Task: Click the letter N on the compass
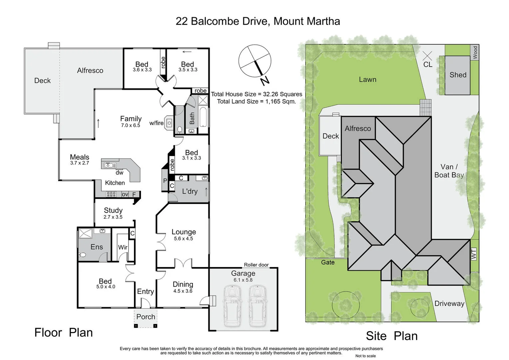click(265, 81)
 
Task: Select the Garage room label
click(243, 273)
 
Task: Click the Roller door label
click(256, 265)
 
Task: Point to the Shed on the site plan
click(458, 75)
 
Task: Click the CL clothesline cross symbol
click(427, 56)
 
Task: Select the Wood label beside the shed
click(475, 53)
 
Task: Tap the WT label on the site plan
click(474, 254)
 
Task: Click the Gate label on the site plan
click(328, 262)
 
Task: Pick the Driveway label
click(449, 304)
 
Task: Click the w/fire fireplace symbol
click(169, 123)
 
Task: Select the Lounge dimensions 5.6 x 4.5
click(184, 239)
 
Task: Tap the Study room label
click(113, 210)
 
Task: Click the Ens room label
click(97, 247)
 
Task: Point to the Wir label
click(123, 247)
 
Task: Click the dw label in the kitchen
click(119, 173)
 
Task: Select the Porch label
click(146, 317)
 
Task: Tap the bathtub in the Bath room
click(203, 117)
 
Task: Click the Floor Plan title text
click(64, 333)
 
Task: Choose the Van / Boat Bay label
click(449, 171)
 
